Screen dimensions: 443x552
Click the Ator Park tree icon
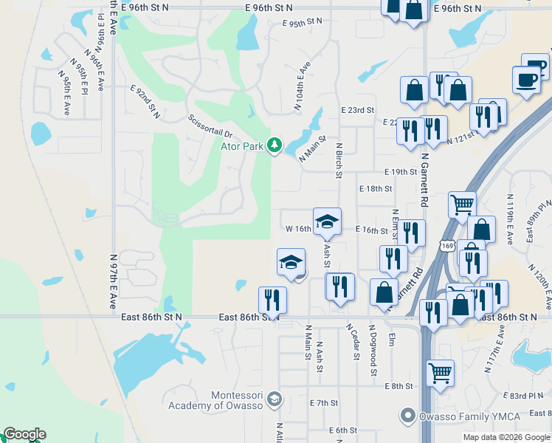click(x=275, y=145)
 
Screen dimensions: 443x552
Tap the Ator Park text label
click(x=243, y=146)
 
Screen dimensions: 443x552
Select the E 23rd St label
click(x=357, y=110)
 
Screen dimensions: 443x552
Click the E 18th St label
click(x=376, y=189)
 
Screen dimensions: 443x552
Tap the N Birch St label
click(x=339, y=160)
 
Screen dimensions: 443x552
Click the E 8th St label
click(x=398, y=386)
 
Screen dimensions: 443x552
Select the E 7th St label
click(x=324, y=403)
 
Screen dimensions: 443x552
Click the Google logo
click(x=24, y=434)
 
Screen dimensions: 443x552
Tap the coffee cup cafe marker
click(x=526, y=80)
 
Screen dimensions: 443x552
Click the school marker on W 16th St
click(x=327, y=221)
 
